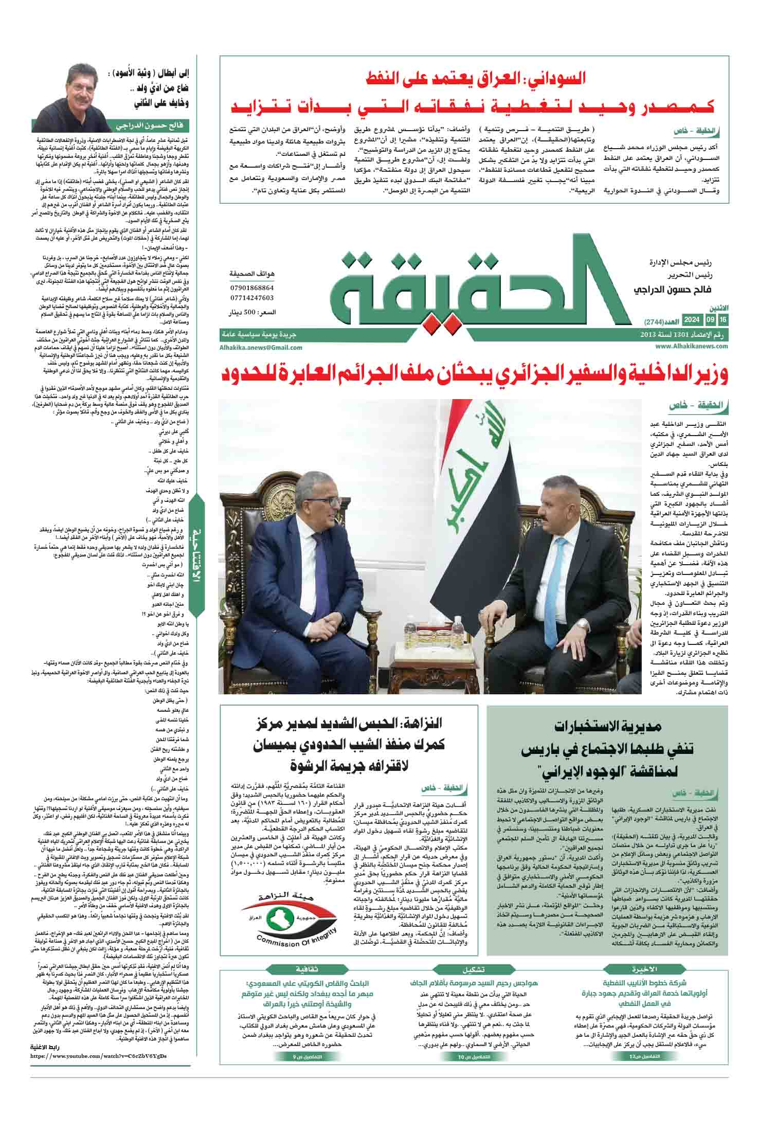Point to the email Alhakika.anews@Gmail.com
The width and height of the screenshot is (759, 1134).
pyautogui.click(x=261, y=347)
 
